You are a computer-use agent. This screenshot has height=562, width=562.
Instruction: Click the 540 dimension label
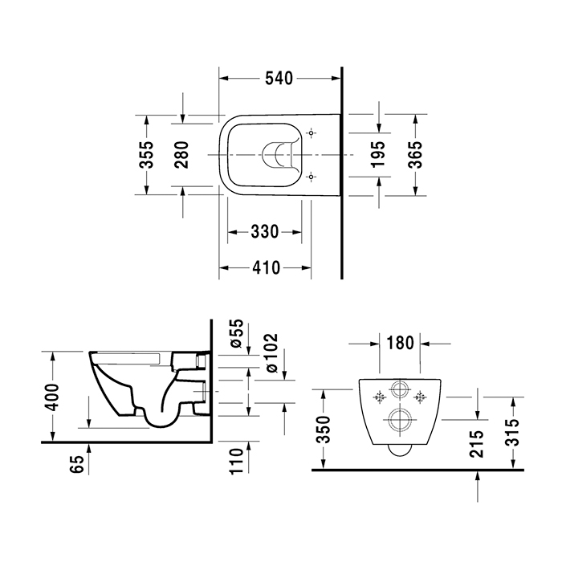pos(279,79)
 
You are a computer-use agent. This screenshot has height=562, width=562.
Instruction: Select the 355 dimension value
pos(146,154)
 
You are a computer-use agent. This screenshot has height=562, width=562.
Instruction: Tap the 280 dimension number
pos(181,155)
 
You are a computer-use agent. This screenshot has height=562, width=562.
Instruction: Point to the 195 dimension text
pos(378,154)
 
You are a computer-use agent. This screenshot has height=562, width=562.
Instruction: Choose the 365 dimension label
pos(416,154)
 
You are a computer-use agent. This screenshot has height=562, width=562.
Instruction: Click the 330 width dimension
pos(265,232)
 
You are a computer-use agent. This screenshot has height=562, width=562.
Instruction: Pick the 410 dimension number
pos(267,267)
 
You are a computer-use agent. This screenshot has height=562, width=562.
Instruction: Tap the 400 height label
pos(53,397)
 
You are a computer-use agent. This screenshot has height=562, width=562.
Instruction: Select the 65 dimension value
pos(77,464)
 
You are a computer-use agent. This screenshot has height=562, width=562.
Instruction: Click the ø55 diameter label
pos(237,333)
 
